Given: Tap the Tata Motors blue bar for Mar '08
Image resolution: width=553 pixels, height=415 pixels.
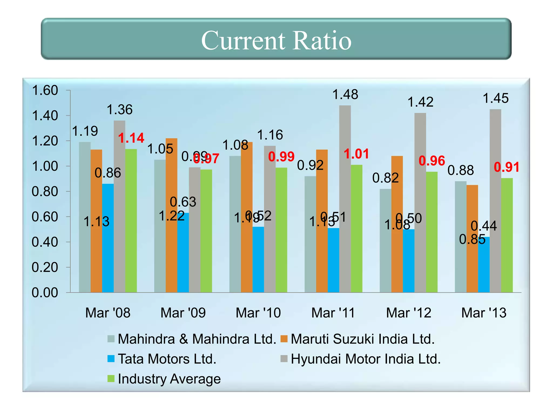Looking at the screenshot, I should coord(108,238).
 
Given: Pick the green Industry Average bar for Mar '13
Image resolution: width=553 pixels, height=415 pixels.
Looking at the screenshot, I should coord(507,235).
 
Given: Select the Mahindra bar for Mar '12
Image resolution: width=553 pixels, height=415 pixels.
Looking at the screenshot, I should coord(385,240).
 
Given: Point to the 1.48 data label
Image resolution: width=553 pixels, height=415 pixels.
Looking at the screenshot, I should coord(345,95).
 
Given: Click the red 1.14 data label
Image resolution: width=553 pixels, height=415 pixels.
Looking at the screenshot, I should coord(131,138).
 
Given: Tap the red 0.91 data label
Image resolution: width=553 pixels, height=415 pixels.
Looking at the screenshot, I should coord(507,167).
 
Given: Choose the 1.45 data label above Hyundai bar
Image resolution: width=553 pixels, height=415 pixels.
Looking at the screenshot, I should coord(495,98).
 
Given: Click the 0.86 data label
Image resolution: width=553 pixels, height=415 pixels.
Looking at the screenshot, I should coord(108,173).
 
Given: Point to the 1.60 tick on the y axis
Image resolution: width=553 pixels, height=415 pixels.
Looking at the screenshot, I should coord(45,90).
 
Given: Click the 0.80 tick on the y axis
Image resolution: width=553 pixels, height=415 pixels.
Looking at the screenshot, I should coord(45,192).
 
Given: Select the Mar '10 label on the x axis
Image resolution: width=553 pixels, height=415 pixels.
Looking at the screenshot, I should coord(258,313).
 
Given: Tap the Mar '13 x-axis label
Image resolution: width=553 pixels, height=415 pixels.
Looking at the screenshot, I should coord(484,313).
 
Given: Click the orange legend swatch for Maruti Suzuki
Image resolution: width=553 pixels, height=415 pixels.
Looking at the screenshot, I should coord(284,339).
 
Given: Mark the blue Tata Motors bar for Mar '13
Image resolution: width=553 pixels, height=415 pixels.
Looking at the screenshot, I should coord(484,265).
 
